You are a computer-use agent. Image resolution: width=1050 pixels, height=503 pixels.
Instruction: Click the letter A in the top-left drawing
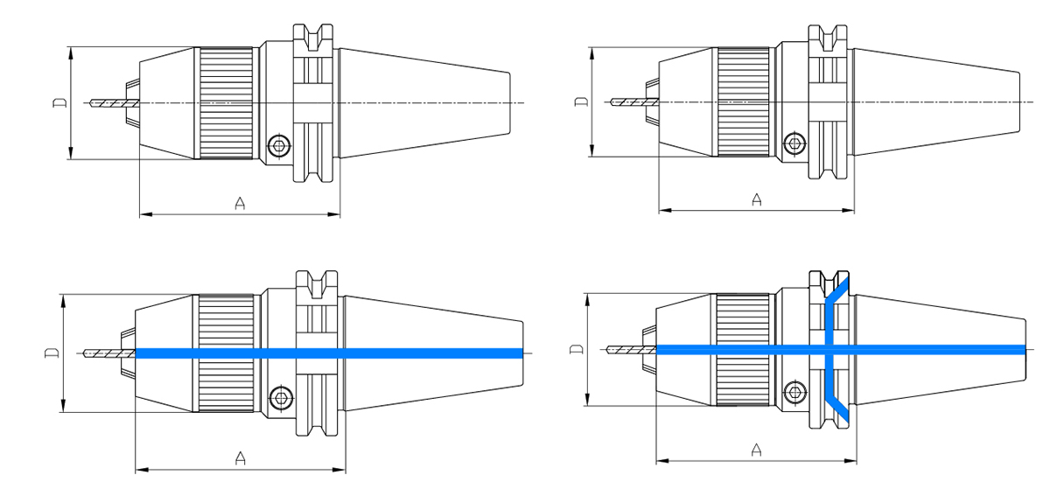[240, 204]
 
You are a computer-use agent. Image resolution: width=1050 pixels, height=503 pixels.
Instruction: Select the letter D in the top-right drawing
[581, 101]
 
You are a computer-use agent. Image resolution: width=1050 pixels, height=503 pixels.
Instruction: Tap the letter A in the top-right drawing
[757, 200]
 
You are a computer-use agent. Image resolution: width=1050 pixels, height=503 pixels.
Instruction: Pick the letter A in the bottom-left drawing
[240, 458]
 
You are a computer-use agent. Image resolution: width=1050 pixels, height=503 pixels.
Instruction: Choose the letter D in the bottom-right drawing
[575, 349]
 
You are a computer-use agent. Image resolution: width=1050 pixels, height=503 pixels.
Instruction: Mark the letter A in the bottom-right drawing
[757, 450]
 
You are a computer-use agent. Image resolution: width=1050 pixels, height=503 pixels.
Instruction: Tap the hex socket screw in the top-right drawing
[794, 143]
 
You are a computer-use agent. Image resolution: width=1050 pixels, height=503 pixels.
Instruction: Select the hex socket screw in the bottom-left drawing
[281, 397]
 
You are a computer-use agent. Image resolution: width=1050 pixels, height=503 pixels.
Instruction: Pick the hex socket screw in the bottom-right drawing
[794, 392]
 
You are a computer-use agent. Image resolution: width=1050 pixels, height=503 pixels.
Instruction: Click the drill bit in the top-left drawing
[111, 103]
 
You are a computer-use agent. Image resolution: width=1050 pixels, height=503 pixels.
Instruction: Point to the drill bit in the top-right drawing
[628, 101]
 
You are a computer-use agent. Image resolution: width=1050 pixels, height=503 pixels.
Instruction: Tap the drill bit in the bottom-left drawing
[108, 353]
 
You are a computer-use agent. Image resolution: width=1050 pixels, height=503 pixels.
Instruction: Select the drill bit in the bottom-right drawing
[626, 349]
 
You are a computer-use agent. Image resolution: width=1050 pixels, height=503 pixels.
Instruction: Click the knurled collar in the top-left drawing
[227, 103]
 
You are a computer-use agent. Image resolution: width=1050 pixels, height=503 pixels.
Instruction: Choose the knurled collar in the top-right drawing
[743, 101]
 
